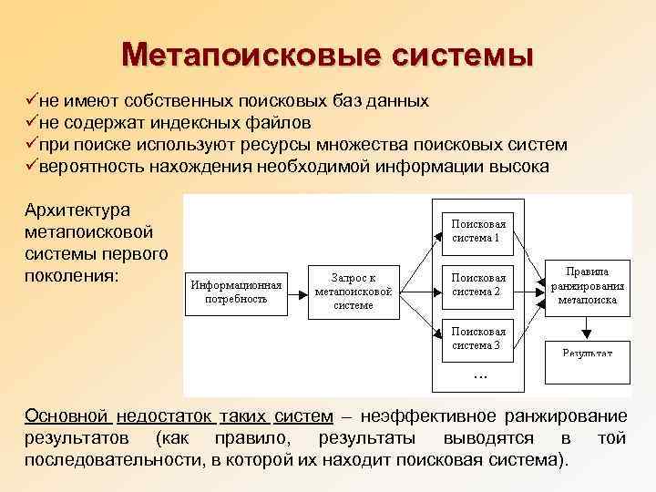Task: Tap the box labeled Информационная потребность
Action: tap(236, 292)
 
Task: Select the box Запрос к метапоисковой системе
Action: tap(353, 292)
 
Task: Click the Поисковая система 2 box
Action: tap(477, 284)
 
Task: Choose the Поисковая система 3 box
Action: tap(477, 337)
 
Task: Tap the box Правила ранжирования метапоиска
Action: tap(588, 284)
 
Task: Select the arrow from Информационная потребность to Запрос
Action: tap(298, 292)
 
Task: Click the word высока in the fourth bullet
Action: tap(518, 167)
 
